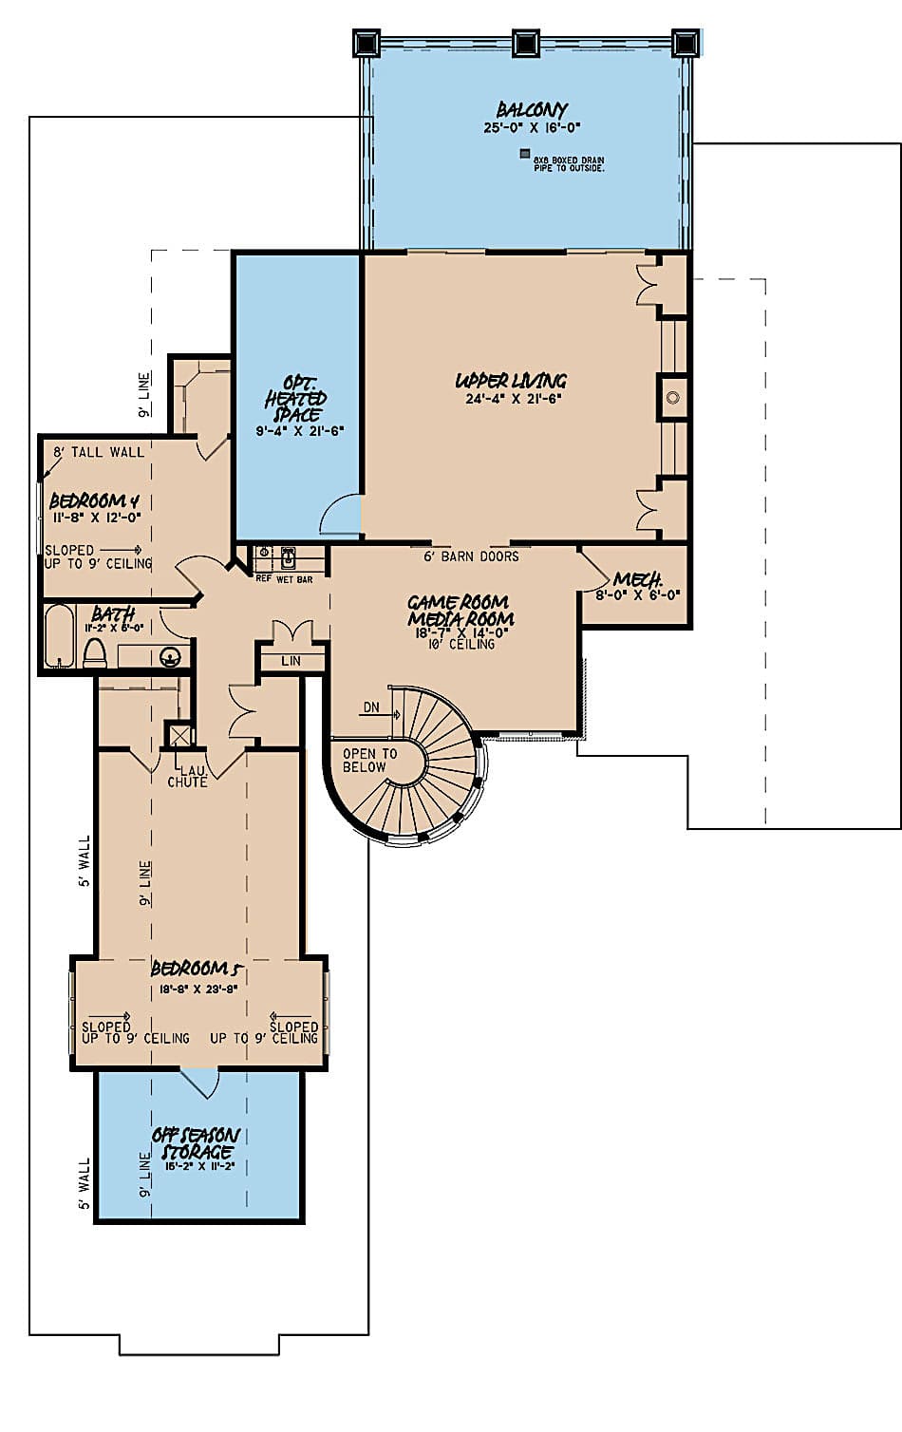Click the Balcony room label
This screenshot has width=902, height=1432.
coord(531,109)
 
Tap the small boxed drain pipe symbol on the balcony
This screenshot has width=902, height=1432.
coord(523,154)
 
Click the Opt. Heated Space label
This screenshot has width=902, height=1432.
coord(296,398)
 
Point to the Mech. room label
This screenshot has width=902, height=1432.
coord(636,579)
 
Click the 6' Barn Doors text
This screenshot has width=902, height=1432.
coord(471,556)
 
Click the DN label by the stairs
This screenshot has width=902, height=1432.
coord(370,707)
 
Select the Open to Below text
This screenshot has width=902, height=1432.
coord(365,761)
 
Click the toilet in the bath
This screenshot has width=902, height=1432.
coord(95,653)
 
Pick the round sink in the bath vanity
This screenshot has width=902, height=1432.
coord(170,654)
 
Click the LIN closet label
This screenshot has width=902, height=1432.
coord(291,661)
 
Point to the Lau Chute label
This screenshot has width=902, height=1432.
coord(187,777)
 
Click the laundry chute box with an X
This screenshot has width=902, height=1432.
coord(179,735)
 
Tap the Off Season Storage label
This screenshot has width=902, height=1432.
coord(196,1143)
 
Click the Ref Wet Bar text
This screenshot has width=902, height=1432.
coord(284,578)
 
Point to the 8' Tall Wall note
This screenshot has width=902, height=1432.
coord(99,452)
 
